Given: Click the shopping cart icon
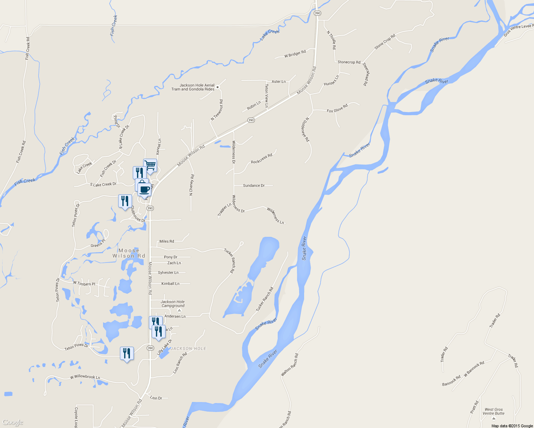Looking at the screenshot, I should [x=150, y=165].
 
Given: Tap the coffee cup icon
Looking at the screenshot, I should [x=145, y=189].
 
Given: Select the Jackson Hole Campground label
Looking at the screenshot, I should [x=173, y=304].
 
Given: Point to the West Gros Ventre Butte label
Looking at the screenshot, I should [x=494, y=412].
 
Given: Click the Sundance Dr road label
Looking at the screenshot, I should [x=254, y=185].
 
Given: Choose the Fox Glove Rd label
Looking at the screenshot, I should [x=337, y=108].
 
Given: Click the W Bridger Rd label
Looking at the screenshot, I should [x=295, y=54].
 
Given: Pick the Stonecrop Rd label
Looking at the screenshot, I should [x=349, y=62].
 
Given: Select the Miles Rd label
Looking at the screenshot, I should [x=167, y=241].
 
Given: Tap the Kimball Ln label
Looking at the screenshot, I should [x=170, y=284].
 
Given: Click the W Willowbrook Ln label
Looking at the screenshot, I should [x=85, y=377].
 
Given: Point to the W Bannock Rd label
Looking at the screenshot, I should [x=474, y=369].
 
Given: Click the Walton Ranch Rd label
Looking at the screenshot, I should [x=289, y=365].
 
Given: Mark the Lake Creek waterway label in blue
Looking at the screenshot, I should [x=270, y=35].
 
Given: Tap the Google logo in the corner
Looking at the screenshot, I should [x=12, y=422].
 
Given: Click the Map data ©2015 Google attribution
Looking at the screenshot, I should [x=512, y=426].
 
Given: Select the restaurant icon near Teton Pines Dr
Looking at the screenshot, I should [x=127, y=353].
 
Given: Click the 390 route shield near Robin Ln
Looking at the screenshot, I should [x=251, y=120].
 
